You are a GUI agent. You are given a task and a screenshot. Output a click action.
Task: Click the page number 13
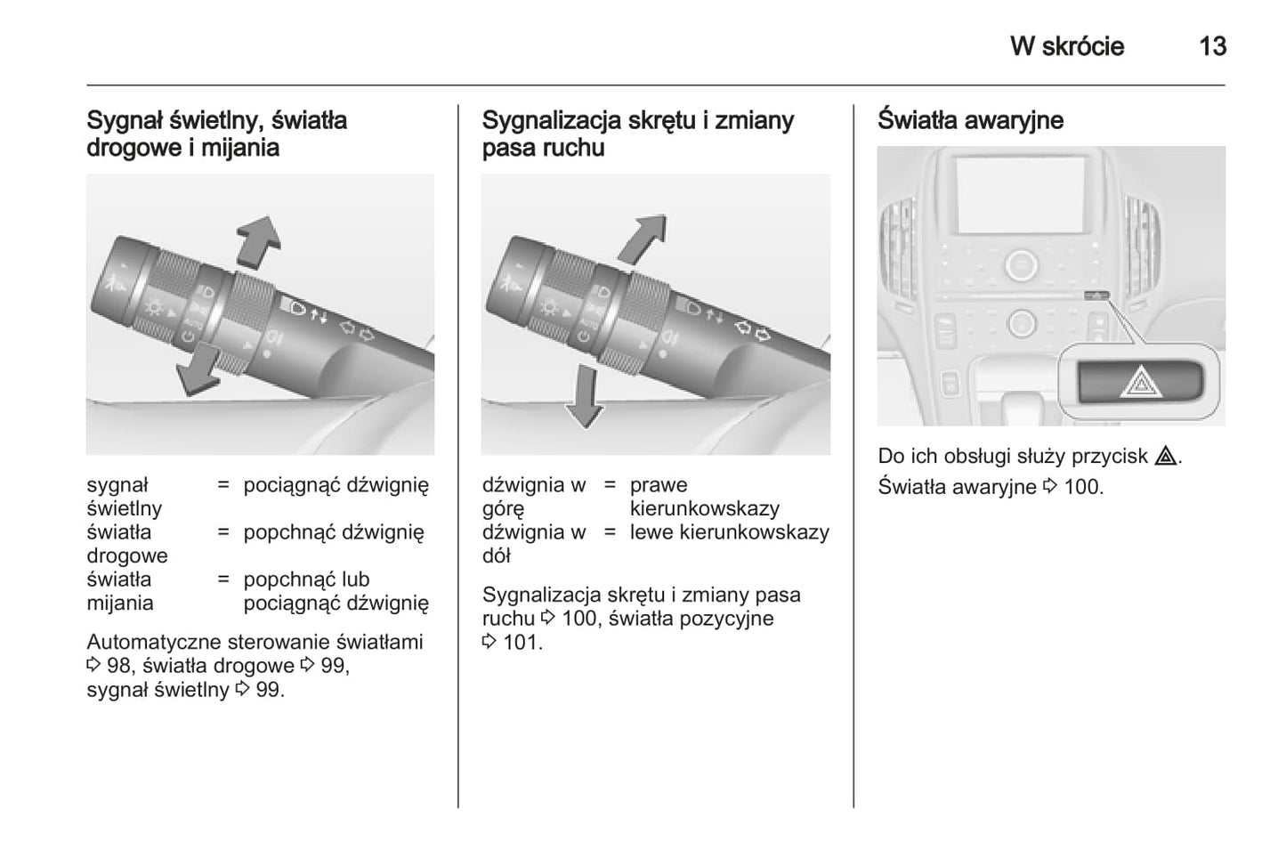(1212, 46)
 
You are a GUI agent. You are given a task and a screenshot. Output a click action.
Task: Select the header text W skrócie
(1066, 46)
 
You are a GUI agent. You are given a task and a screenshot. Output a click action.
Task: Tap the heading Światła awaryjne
(970, 120)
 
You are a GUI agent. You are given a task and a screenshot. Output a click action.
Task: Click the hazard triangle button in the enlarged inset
(1140, 383)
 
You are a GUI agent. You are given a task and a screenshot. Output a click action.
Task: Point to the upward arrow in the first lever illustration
(259, 240)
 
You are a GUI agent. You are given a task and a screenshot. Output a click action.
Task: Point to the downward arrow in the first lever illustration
(198, 369)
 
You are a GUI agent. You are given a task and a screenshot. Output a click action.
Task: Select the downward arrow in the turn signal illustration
(584, 396)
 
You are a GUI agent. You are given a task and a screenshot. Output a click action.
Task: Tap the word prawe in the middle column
(659, 485)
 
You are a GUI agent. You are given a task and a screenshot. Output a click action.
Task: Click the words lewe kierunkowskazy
(729, 532)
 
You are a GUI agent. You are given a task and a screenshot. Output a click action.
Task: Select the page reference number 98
(118, 666)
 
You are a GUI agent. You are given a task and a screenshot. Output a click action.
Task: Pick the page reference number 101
(522, 643)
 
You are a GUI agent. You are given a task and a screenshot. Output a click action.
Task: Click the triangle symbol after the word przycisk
(1165, 457)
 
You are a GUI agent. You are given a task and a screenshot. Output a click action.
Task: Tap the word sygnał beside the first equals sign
(117, 485)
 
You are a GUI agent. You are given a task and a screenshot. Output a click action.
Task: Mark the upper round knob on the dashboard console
(1020, 264)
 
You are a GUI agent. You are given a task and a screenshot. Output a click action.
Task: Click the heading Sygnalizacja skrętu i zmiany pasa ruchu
(637, 134)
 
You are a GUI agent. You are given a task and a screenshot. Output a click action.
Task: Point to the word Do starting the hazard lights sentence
(891, 457)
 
